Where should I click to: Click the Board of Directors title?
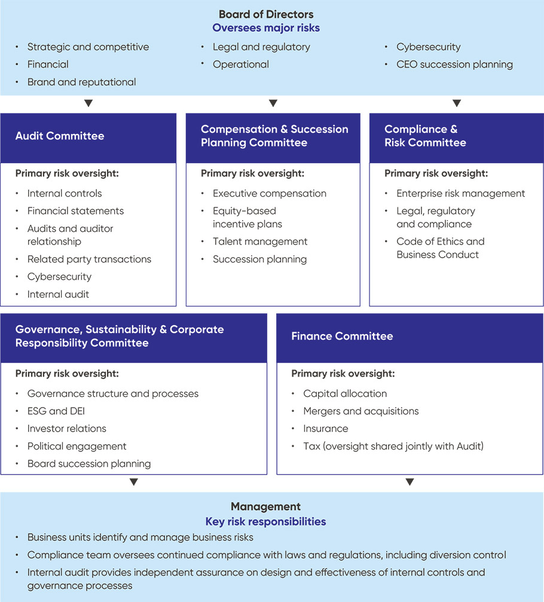pyautogui.click(x=265, y=14)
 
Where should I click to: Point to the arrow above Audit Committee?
pyautogui.click(x=88, y=103)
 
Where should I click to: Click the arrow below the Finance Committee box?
pyautogui.click(x=409, y=482)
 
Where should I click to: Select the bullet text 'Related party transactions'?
pyautogui.click(x=89, y=259)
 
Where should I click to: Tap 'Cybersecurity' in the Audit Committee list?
pyautogui.click(x=59, y=277)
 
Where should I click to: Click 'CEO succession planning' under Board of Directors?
pyautogui.click(x=454, y=65)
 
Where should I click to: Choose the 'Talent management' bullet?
pyautogui.click(x=260, y=242)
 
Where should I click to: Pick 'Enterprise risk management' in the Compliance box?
pyautogui.click(x=460, y=193)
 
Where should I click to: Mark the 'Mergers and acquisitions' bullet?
pyautogui.click(x=360, y=411)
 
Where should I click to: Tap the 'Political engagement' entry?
pyautogui.click(x=77, y=446)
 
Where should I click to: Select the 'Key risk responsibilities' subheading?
pyautogui.click(x=265, y=521)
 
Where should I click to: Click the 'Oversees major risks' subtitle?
pyautogui.click(x=265, y=27)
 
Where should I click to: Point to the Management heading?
pyautogui.click(x=265, y=507)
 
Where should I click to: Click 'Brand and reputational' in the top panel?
pyautogui.click(x=81, y=82)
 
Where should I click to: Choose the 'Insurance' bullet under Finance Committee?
pyautogui.click(x=325, y=429)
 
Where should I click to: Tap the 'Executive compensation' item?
pyautogui.click(x=269, y=193)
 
